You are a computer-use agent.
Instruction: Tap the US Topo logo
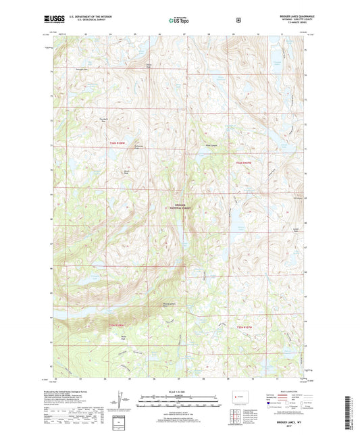[179, 20]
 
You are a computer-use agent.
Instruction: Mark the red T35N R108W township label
[118, 326]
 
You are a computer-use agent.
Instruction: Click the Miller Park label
[123, 337]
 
